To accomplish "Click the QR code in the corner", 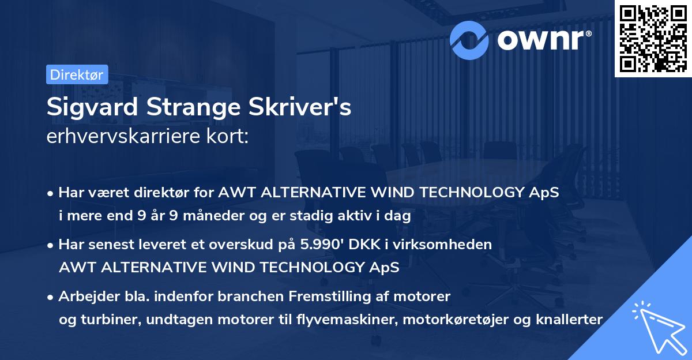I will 653,39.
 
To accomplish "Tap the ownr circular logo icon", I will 469,39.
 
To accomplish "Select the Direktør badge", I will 77,75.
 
